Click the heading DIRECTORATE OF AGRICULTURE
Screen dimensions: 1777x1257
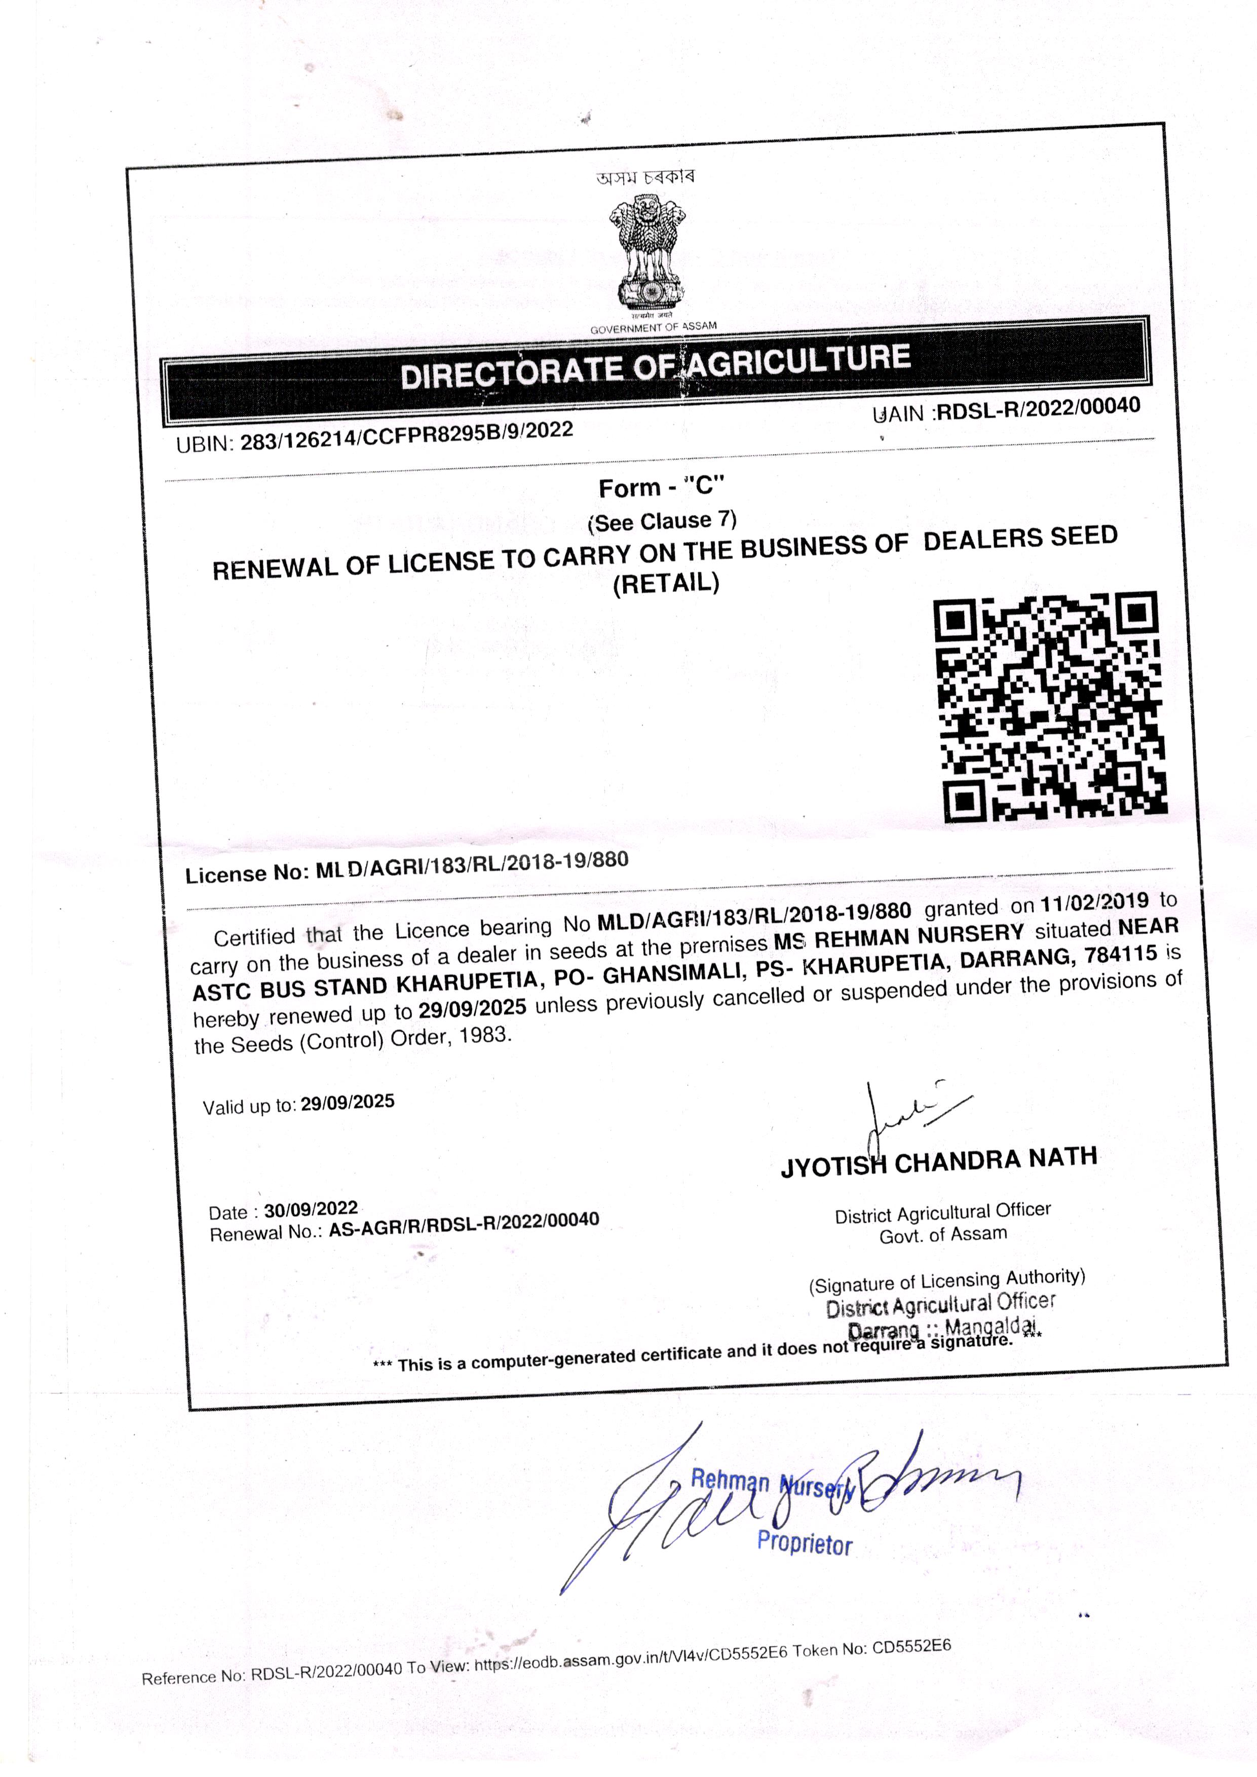[655, 366]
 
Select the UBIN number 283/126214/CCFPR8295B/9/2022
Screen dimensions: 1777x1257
[406, 435]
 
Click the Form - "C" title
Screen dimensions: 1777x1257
[661, 487]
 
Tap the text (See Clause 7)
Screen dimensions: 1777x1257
[663, 521]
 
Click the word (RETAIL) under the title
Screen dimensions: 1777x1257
[666, 582]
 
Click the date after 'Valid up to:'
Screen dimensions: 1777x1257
[348, 1102]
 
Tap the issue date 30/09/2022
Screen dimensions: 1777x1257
[311, 1209]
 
